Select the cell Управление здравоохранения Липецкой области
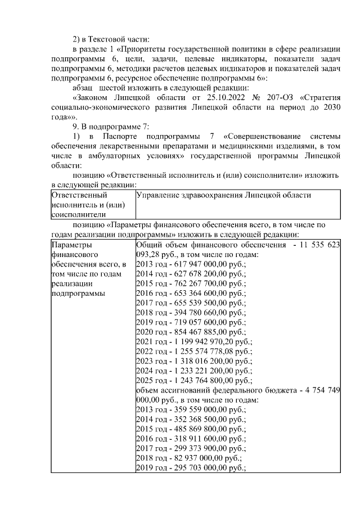[x=223, y=195]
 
